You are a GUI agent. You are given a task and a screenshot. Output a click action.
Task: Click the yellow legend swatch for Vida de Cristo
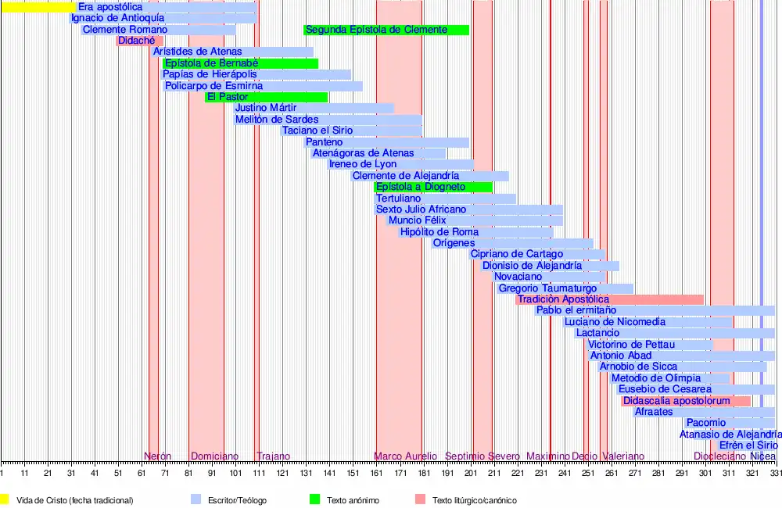(5, 499)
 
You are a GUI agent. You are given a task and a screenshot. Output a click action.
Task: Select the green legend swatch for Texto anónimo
(315, 499)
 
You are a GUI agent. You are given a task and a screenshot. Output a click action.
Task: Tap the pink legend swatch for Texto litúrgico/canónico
(421, 499)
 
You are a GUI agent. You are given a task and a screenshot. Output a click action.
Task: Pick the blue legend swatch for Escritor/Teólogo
(196, 499)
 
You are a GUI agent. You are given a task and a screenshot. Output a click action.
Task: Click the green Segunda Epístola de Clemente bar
(386, 30)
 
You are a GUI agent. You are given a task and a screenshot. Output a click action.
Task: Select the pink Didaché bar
(139, 41)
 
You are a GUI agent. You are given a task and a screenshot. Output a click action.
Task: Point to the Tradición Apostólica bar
(610, 299)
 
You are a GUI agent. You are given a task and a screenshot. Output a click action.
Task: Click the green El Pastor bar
(266, 97)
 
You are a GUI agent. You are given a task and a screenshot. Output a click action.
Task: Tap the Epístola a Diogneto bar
(434, 187)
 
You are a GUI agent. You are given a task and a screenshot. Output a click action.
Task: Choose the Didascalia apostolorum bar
(686, 401)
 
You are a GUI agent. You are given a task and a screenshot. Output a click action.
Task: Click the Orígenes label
(454, 243)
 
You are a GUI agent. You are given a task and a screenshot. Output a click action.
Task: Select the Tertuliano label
(398, 199)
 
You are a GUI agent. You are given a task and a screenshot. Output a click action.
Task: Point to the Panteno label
(324, 142)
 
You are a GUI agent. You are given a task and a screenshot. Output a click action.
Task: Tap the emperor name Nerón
(158, 456)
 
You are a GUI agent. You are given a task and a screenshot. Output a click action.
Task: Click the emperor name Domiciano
(213, 456)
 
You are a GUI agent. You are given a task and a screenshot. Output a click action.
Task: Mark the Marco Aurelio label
(405, 456)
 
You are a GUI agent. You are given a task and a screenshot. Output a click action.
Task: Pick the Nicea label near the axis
(763, 456)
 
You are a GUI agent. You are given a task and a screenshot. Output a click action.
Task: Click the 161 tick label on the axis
(376, 474)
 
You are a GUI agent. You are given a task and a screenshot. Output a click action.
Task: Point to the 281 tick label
(658, 474)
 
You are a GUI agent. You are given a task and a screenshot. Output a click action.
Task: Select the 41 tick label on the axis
(95, 474)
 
